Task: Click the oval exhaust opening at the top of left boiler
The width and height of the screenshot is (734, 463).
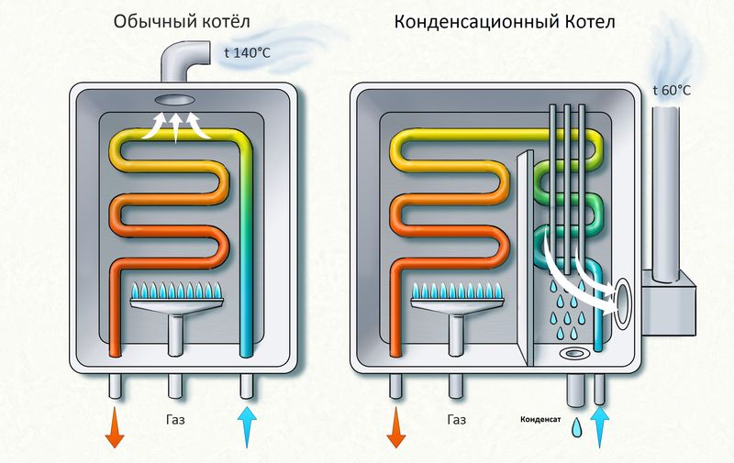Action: (175, 100)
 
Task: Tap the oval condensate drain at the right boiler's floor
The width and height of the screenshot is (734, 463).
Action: (575, 352)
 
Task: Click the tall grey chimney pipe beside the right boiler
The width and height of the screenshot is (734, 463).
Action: (664, 183)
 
